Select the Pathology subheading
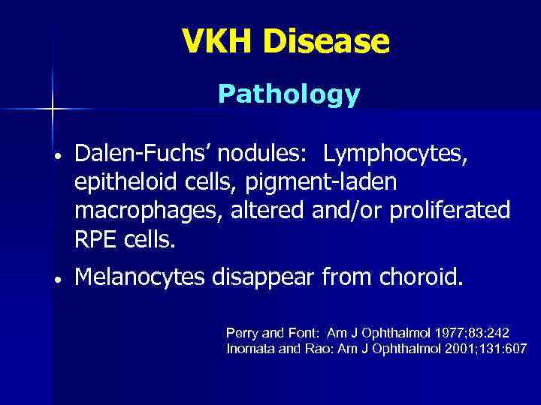click(x=289, y=94)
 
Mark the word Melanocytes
click(x=144, y=279)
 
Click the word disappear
click(x=267, y=279)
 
